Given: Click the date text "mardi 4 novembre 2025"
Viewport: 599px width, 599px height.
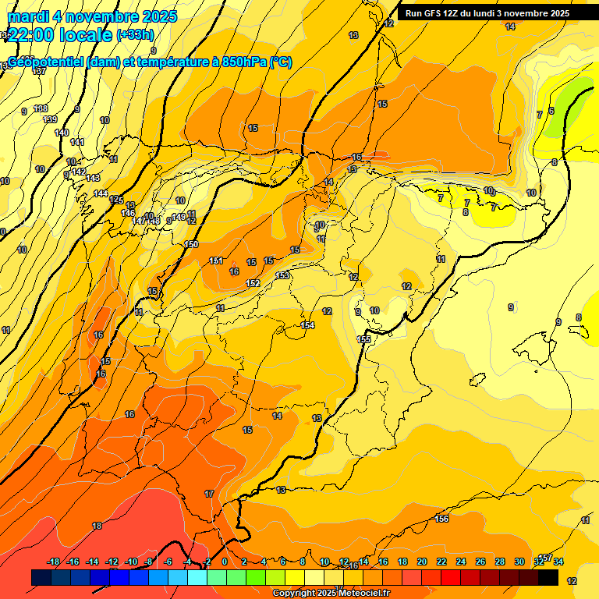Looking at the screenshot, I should [x=92, y=16].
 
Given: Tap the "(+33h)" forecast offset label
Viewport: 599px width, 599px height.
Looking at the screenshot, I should [x=135, y=34].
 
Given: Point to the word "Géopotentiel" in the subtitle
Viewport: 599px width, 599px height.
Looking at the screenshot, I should [x=46, y=62].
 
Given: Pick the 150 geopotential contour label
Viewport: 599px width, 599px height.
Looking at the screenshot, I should [x=191, y=245].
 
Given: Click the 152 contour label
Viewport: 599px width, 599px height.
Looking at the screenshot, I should [x=253, y=283].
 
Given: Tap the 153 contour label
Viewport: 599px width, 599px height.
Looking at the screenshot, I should [x=282, y=275].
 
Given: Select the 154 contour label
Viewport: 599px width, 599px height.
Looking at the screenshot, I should [x=307, y=325].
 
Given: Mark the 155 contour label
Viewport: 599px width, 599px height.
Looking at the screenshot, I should [x=363, y=339].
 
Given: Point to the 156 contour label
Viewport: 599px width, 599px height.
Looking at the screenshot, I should [x=441, y=519].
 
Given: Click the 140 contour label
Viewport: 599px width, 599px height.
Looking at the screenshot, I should [x=62, y=133].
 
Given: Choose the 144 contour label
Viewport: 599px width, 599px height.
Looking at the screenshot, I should [x=101, y=193].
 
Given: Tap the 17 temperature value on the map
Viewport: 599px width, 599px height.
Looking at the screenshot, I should [x=209, y=494].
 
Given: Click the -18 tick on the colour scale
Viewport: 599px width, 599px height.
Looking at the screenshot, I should [x=54, y=562].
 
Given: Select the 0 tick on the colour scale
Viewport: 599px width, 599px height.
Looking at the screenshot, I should [x=225, y=562].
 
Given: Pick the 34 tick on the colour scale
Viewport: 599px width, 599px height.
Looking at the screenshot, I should [x=558, y=562].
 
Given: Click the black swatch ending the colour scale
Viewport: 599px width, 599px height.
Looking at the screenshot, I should [x=548, y=577].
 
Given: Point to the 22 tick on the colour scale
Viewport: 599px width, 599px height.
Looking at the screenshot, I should [x=441, y=562].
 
